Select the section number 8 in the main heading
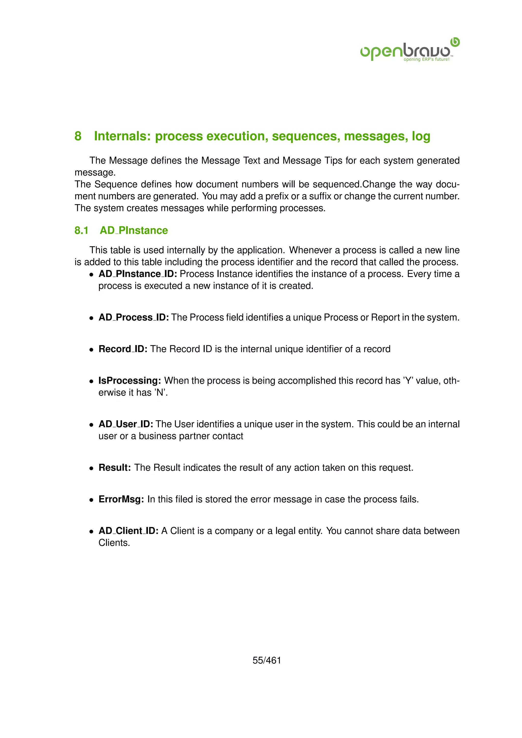(x=78, y=136)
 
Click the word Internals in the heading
(x=122, y=136)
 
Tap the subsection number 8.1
(x=81, y=230)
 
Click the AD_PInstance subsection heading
(x=134, y=230)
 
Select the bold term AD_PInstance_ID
(x=138, y=274)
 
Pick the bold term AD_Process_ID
(x=133, y=317)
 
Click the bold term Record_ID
(x=123, y=349)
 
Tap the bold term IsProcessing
(x=129, y=380)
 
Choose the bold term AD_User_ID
(x=126, y=424)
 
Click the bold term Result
(x=114, y=467)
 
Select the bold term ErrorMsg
(x=121, y=499)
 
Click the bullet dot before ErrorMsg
(x=92, y=500)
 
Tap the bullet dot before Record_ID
(x=92, y=349)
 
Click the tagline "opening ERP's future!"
(x=426, y=59)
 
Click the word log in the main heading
(x=421, y=136)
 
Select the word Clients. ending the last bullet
(x=114, y=543)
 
